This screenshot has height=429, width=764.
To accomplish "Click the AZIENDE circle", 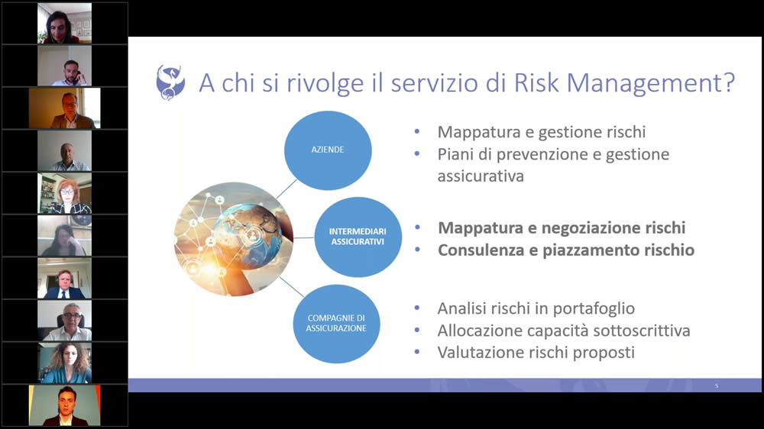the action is pyautogui.click(x=328, y=150).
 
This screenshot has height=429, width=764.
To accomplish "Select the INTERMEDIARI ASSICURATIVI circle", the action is pyautogui.click(x=358, y=237).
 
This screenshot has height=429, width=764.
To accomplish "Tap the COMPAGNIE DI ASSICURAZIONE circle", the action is pyautogui.click(x=337, y=324).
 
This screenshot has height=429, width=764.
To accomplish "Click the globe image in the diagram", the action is pyautogui.click(x=234, y=239).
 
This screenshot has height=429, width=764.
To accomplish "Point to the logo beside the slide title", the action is pyautogui.click(x=170, y=82).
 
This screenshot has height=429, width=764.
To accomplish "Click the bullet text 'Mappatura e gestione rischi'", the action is pyautogui.click(x=542, y=132).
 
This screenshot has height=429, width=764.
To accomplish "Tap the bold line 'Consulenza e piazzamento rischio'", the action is pyautogui.click(x=566, y=250).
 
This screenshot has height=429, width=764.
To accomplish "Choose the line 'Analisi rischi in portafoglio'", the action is pyautogui.click(x=536, y=308).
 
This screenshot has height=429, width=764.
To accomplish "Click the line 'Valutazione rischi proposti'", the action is pyautogui.click(x=536, y=353).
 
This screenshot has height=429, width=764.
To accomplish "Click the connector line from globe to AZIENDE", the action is pyautogui.click(x=286, y=189).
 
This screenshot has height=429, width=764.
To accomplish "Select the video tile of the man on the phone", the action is pyautogui.click(x=64, y=66).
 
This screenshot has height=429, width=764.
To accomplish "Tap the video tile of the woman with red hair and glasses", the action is pyautogui.click(x=64, y=193).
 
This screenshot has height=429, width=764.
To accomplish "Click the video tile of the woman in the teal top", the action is pyautogui.click(x=64, y=363).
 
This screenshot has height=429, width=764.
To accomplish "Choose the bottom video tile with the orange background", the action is pyautogui.click(x=64, y=405).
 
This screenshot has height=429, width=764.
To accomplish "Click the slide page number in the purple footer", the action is pyautogui.click(x=717, y=385).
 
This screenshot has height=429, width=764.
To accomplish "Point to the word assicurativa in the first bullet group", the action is pyautogui.click(x=481, y=176).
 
